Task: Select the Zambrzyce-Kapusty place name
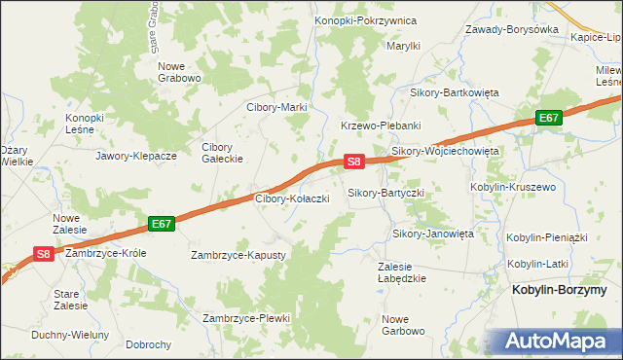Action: coord(238,255)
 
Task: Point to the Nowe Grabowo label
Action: coord(179,72)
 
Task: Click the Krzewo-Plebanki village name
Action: coord(380,126)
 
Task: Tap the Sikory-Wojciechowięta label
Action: coord(445,152)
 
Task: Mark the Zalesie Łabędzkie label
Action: coord(403,271)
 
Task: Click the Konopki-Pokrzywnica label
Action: coord(365,20)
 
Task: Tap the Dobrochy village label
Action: coord(149,344)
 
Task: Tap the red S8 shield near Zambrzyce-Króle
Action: coord(44,254)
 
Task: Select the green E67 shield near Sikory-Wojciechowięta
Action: coord(549,118)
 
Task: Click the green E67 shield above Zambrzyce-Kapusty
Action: coord(162,224)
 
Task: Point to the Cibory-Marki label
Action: coord(276,107)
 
